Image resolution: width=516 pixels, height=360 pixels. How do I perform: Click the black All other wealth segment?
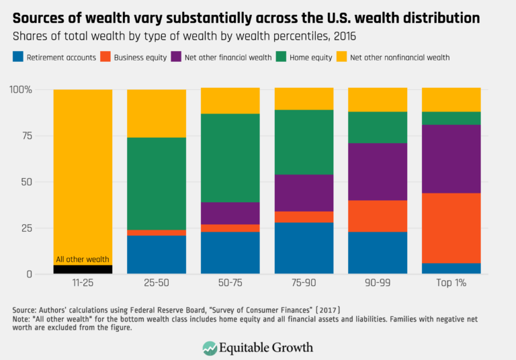click(83, 269)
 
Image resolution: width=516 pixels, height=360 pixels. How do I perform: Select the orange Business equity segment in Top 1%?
click(451, 228)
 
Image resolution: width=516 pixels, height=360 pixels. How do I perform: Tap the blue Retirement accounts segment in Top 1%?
click(451, 269)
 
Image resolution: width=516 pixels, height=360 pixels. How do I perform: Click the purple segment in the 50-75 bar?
click(230, 213)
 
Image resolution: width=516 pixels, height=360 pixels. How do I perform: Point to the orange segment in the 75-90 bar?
click(304, 216)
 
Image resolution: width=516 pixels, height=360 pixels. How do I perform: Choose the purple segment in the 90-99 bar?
click(378, 172)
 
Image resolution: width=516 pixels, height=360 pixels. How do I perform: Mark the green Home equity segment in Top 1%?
click(451, 118)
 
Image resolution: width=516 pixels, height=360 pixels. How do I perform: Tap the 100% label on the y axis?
click(22, 89)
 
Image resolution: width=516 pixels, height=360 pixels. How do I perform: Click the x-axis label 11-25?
click(83, 284)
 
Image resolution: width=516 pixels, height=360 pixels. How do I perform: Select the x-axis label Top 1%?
click(451, 284)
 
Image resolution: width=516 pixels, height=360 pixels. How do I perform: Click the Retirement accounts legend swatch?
click(18, 58)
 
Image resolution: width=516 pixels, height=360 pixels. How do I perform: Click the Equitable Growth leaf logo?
click(210, 347)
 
